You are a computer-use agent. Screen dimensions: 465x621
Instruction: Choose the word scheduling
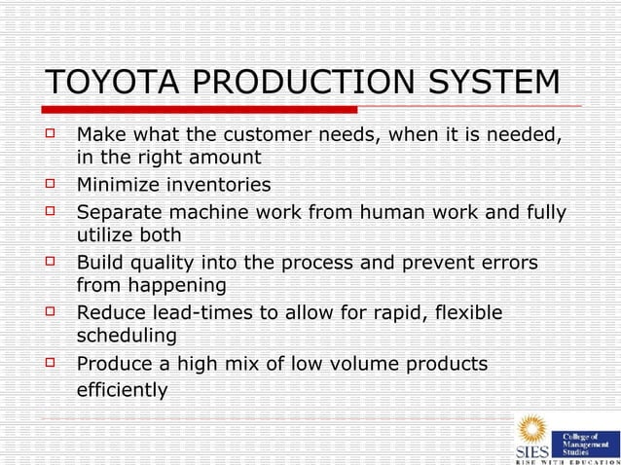127,337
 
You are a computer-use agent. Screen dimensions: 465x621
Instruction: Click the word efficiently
122,390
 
